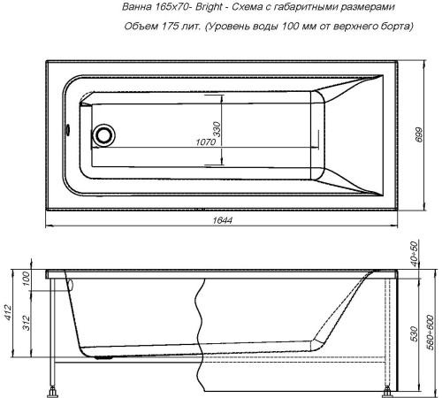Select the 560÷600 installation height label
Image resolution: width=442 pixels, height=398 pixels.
432,329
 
